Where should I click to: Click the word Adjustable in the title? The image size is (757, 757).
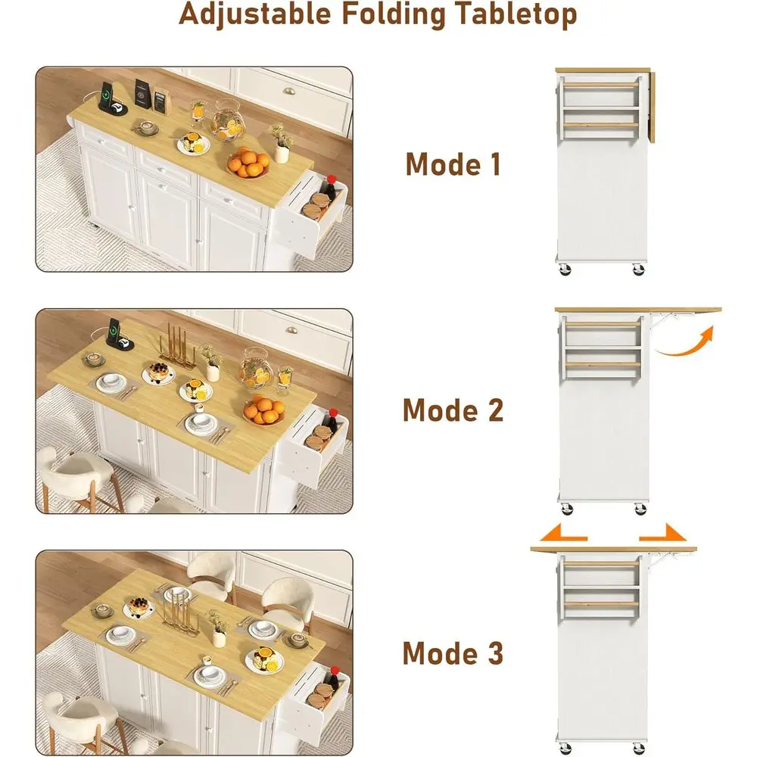(255, 14)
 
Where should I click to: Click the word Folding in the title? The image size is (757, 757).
(394, 15)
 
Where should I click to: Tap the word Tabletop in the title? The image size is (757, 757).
(516, 15)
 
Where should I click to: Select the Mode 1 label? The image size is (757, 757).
(453, 164)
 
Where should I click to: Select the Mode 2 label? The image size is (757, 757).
(453, 410)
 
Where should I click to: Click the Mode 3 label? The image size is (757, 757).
(453, 653)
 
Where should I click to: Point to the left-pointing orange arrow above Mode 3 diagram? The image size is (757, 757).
(563, 532)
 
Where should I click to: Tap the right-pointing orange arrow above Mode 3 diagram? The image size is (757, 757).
(662, 532)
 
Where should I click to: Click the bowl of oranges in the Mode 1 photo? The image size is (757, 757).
(249, 164)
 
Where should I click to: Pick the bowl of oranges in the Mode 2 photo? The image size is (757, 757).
(263, 411)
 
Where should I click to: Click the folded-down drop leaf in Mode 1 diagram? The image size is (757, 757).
(651, 107)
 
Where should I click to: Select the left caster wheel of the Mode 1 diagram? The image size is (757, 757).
(565, 269)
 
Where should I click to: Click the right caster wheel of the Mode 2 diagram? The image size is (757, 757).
(640, 509)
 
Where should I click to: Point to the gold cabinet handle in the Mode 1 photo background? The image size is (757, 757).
(288, 91)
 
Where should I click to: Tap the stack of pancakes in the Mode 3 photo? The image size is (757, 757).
(139, 606)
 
